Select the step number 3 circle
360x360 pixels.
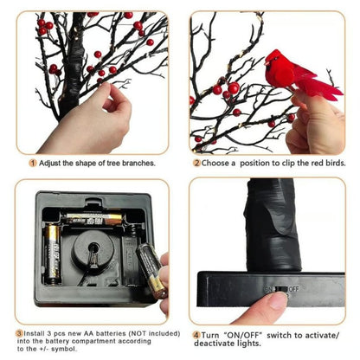click(19, 332)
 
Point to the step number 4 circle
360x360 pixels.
click(196, 333)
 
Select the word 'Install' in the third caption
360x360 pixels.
click(37, 332)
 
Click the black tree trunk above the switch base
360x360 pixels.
click(272, 225)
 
